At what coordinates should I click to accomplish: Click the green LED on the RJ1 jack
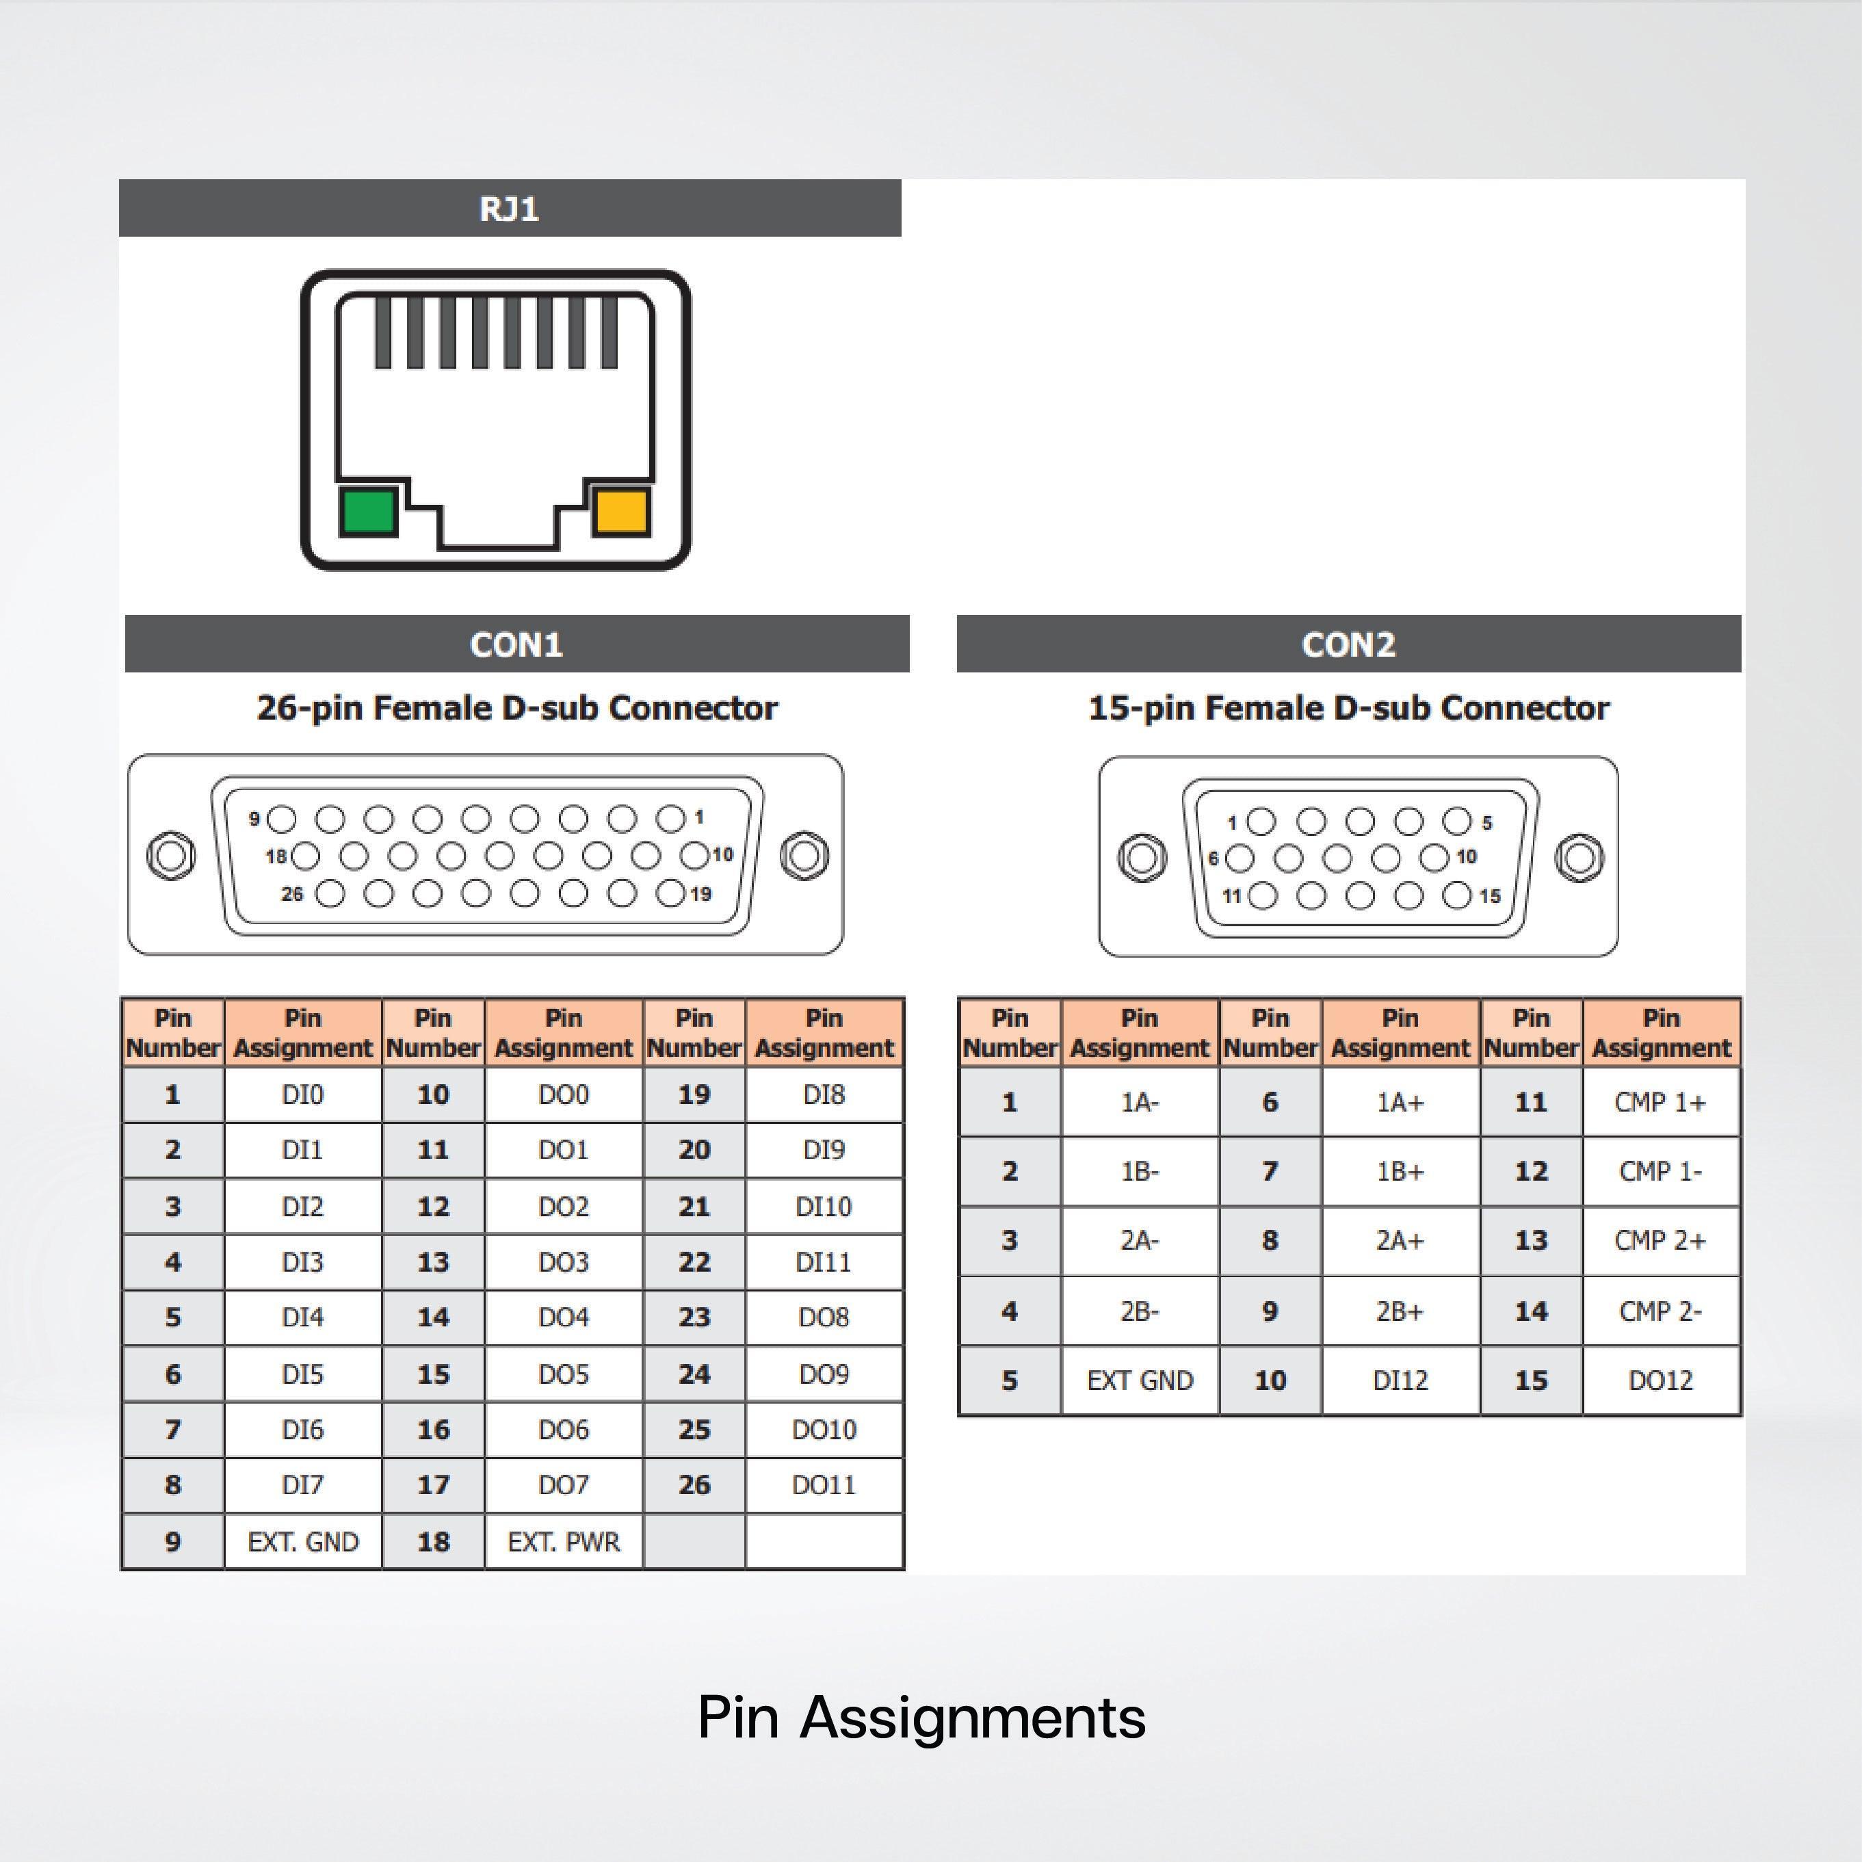tap(368, 512)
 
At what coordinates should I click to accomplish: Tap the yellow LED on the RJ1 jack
tap(620, 512)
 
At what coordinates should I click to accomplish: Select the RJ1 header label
tap(509, 208)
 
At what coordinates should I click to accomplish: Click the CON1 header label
tap(516, 644)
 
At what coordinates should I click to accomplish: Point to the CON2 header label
tap(1348, 644)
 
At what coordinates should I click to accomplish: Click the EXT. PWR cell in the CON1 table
tap(564, 1542)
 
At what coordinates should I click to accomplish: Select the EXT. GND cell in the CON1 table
tap(302, 1542)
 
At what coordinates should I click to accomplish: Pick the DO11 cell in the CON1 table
tap(824, 1485)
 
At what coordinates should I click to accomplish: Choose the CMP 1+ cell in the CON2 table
tap(1661, 1101)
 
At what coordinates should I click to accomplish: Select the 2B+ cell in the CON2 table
tap(1400, 1311)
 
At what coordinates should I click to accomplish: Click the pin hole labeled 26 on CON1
tap(330, 893)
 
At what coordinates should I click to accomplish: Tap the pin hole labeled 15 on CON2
tap(1457, 896)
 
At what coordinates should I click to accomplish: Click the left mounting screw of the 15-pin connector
tap(1142, 857)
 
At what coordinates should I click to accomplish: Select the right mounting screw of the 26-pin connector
tap(804, 855)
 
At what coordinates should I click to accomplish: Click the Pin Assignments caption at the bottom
tap(921, 1718)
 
